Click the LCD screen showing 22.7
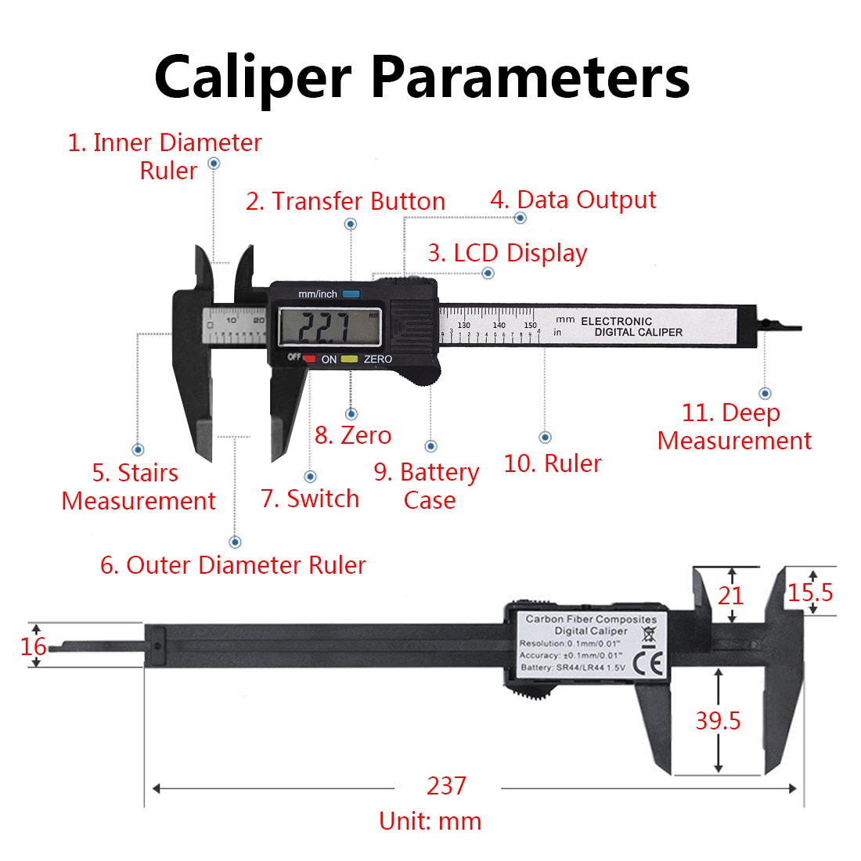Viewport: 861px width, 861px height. click(330, 326)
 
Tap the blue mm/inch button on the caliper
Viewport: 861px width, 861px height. click(351, 294)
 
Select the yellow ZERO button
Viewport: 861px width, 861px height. click(349, 359)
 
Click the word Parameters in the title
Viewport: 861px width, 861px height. click(530, 77)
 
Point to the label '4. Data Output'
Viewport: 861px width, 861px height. click(573, 200)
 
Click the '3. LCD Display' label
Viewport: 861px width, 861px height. click(507, 254)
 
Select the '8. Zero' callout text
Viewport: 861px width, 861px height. click(353, 435)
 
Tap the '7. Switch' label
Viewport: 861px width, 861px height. click(310, 499)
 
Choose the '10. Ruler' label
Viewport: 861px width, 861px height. click(553, 463)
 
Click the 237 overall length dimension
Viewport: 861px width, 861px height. click(446, 785)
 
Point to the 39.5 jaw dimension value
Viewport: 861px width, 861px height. click(718, 721)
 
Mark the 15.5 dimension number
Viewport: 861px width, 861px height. click(810, 593)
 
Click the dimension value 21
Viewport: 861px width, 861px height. click(731, 596)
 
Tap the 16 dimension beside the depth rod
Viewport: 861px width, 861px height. click(34, 647)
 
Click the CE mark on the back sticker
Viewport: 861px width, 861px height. click(651, 664)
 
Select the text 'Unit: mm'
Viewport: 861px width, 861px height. click(430, 821)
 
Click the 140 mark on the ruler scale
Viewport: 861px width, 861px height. click(499, 325)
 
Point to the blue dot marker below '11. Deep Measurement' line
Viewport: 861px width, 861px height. click(766, 393)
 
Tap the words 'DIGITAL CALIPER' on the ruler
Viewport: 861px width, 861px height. click(638, 332)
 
